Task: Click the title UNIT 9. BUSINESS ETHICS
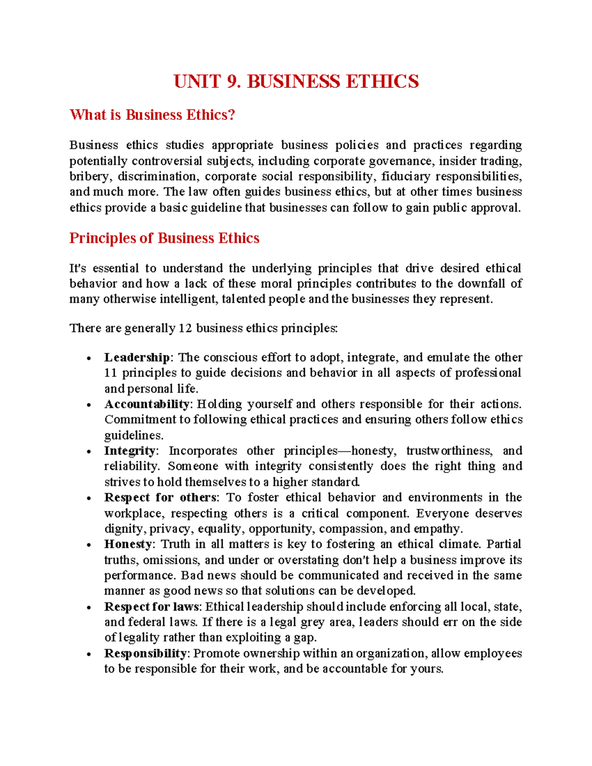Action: pyautogui.click(x=296, y=81)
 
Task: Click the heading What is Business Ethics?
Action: pyautogui.click(x=152, y=115)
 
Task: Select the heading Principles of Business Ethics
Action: pyautogui.click(x=164, y=238)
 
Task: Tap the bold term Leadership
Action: pyautogui.click(x=137, y=357)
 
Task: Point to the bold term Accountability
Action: pyautogui.click(x=147, y=404)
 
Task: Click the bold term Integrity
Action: pyautogui.click(x=130, y=451)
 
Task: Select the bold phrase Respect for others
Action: pyautogui.click(x=160, y=497)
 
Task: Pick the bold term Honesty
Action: pyautogui.click(x=128, y=544)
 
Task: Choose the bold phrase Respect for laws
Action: pyautogui.click(x=151, y=607)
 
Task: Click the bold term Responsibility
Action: pyautogui.click(x=145, y=654)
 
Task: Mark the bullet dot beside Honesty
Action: pyautogui.click(x=89, y=546)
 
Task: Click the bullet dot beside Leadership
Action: pyautogui.click(x=89, y=359)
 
